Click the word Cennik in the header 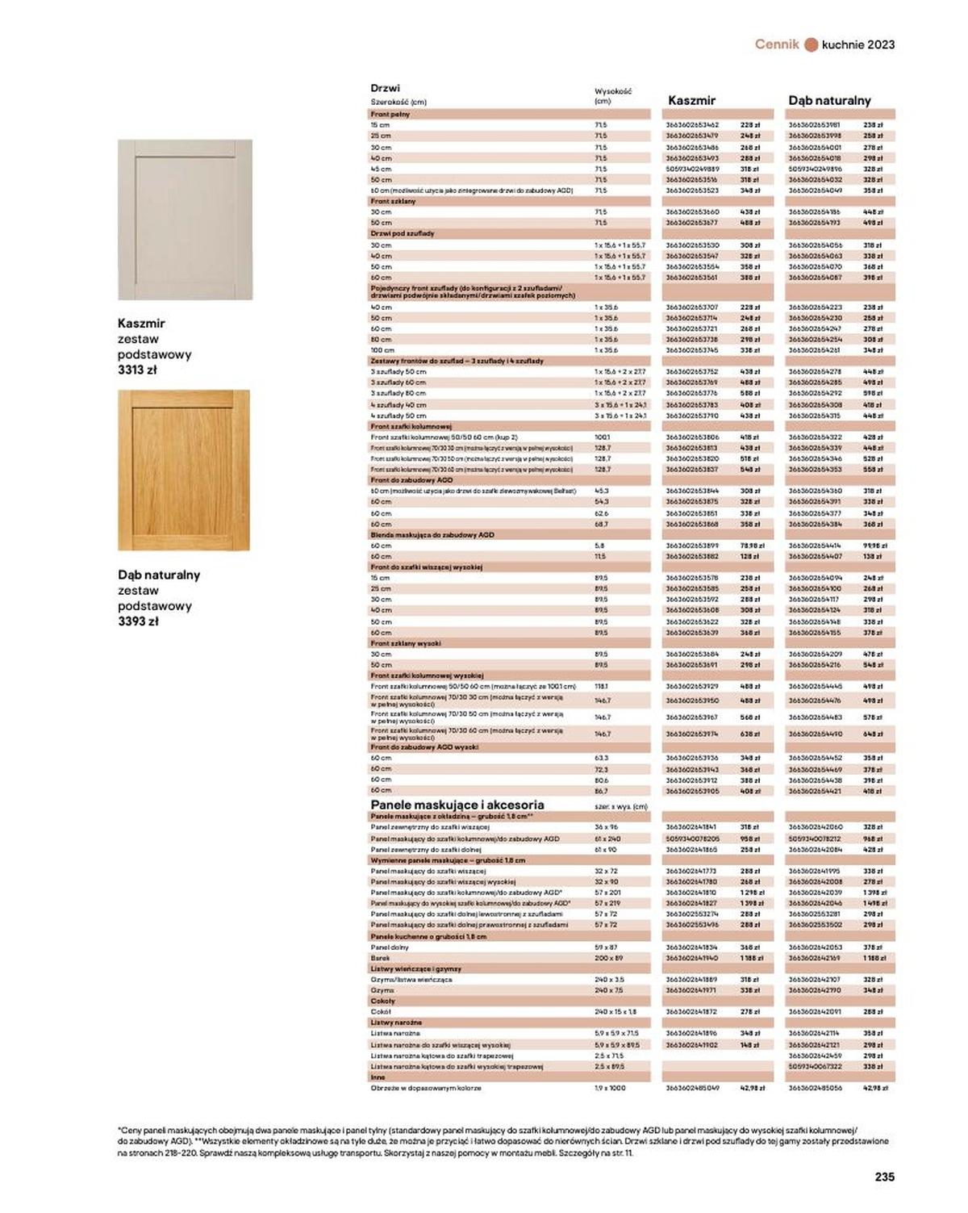[x=777, y=44]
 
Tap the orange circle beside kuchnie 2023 [x=812, y=45]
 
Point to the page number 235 [x=884, y=1177]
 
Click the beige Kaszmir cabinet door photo [x=185, y=220]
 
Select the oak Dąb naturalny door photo [x=184, y=471]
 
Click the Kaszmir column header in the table [x=691, y=101]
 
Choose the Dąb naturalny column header [x=829, y=101]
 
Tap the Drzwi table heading [x=385, y=88]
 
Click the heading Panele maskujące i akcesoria [x=457, y=805]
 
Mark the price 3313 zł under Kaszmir [x=137, y=370]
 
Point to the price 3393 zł [x=138, y=621]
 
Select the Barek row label [x=380, y=958]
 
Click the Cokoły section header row [x=383, y=1001]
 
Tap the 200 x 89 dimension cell [x=609, y=958]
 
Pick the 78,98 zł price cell [x=752, y=546]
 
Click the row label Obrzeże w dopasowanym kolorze [x=425, y=1088]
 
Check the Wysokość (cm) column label [x=612, y=96]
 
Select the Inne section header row [x=378, y=1077]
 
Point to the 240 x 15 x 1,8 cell [x=615, y=1011]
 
